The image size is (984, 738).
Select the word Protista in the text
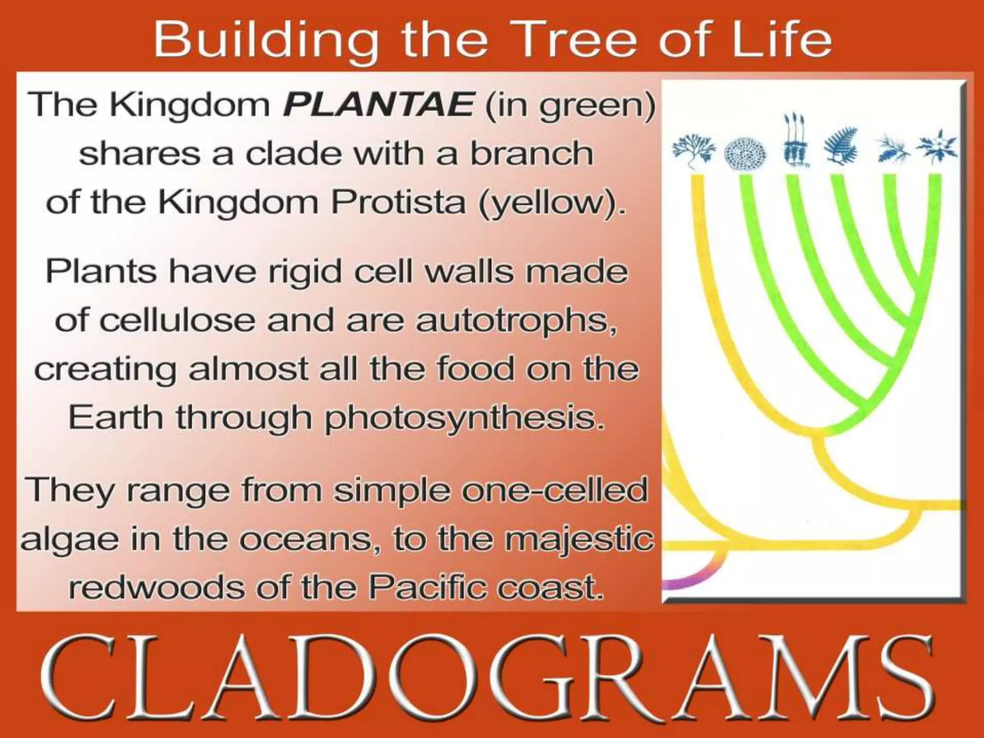pyautogui.click(x=398, y=202)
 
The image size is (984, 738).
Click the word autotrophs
pyautogui.click(x=516, y=320)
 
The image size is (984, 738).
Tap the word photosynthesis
pyautogui.click(x=464, y=418)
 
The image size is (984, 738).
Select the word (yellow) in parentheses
pyautogui.click(x=552, y=203)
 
